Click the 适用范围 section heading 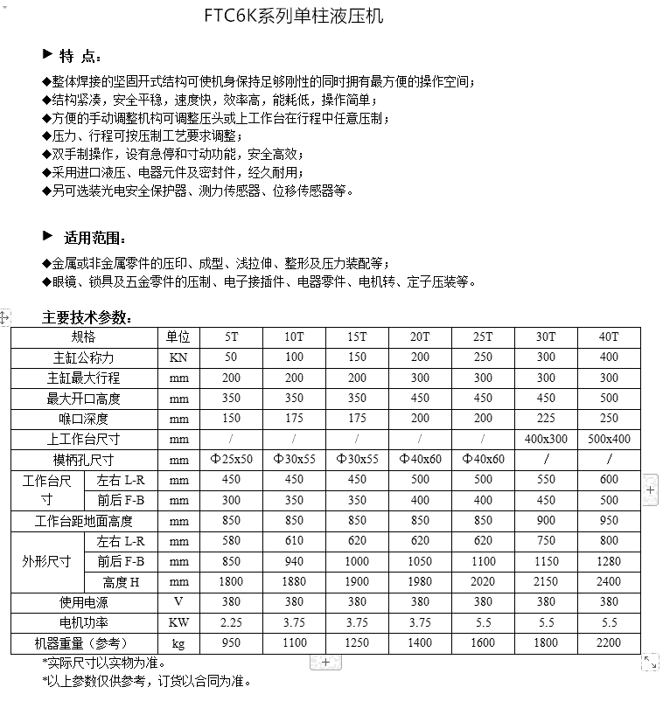pyautogui.click(x=94, y=238)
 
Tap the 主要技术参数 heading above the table pyautogui.click(x=87, y=317)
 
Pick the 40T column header pyautogui.click(x=609, y=337)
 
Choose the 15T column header pyautogui.click(x=357, y=337)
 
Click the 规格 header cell pyautogui.click(x=83, y=337)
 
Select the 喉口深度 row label pyautogui.click(x=83, y=419)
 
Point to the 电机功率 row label pyautogui.click(x=83, y=623)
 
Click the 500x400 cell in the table pyautogui.click(x=609, y=440)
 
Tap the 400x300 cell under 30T pyautogui.click(x=546, y=440)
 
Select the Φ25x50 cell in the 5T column pyautogui.click(x=231, y=460)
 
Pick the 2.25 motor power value pyautogui.click(x=231, y=623)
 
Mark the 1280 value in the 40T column pyautogui.click(x=609, y=562)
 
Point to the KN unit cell pyautogui.click(x=178, y=357)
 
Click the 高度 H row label pyautogui.click(x=122, y=582)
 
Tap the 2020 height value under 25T pyautogui.click(x=483, y=582)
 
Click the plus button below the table pyautogui.click(x=325, y=663)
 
